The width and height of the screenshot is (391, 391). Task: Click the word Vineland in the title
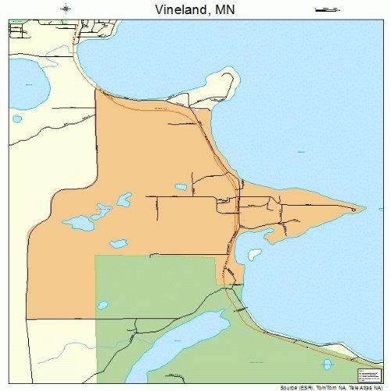[174, 9]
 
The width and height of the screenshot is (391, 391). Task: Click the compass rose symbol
[66, 9]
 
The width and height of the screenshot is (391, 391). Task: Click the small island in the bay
[254, 254]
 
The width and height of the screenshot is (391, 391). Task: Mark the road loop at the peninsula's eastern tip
[357, 209]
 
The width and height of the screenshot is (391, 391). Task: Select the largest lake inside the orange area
[78, 223]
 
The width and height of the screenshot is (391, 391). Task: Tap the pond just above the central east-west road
[181, 187]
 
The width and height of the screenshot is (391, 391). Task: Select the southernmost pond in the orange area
[119, 244]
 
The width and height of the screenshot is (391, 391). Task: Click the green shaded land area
[156, 289]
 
